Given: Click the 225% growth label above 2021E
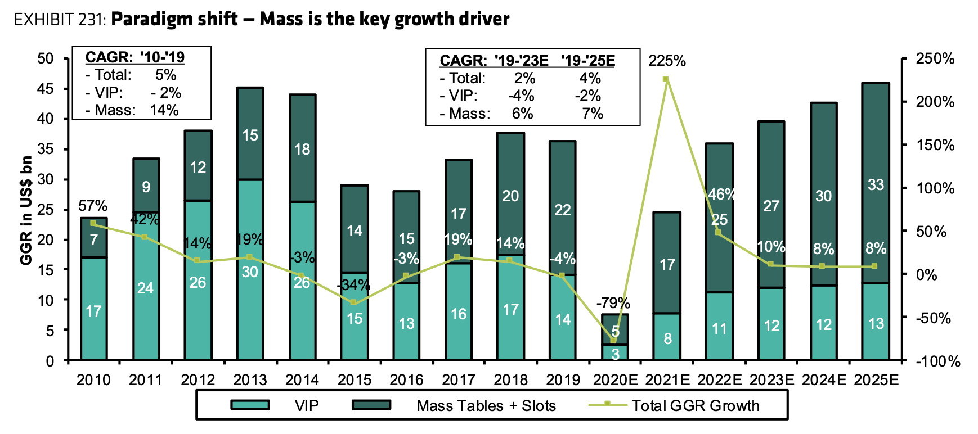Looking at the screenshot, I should click(x=667, y=61).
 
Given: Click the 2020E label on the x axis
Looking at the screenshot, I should click(x=615, y=380).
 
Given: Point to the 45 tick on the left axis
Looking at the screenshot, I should click(x=46, y=89).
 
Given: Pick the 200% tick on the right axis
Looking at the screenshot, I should click(x=935, y=102).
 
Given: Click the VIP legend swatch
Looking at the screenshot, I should click(x=250, y=405).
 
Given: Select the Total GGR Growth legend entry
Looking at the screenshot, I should click(x=695, y=405).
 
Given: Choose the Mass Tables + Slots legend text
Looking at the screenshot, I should click(x=486, y=405).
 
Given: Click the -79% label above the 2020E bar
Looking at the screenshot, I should click(x=613, y=303).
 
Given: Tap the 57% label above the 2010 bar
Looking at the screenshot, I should click(x=93, y=206).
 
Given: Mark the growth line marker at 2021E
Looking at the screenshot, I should click(x=666, y=79).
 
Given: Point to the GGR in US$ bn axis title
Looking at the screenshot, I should click(x=26, y=210).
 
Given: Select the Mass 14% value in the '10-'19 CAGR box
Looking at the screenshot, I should click(x=164, y=110).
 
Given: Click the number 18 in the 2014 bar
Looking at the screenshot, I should click(x=302, y=149).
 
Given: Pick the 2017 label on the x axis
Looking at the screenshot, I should click(x=459, y=380).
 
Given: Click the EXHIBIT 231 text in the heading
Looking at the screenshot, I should click(x=59, y=20).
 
